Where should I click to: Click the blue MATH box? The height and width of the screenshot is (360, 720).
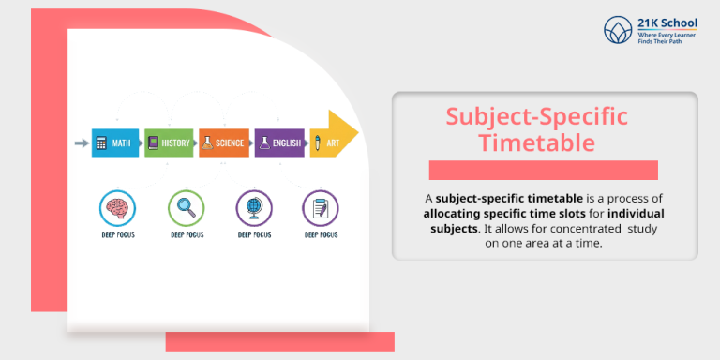click(x=114, y=143)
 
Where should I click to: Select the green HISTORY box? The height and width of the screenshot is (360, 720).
click(x=169, y=143)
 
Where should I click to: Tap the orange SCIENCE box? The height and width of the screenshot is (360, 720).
click(x=223, y=143)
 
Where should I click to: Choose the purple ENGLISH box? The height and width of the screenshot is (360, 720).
click(x=279, y=143)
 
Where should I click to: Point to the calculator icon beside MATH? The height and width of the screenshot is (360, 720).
click(x=101, y=143)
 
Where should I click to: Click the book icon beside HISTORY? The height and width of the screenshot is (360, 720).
click(x=154, y=143)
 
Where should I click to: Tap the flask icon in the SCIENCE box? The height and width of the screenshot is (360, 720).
click(x=208, y=143)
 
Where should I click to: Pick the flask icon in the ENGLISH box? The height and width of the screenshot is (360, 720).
click(x=264, y=143)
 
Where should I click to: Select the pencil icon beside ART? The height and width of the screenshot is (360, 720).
click(x=319, y=143)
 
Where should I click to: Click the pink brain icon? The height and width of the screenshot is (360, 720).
click(x=117, y=207)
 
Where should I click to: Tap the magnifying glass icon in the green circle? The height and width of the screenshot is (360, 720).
click(x=185, y=207)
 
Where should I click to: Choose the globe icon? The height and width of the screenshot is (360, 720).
click(x=252, y=207)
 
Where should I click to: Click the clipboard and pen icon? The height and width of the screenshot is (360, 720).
click(x=320, y=207)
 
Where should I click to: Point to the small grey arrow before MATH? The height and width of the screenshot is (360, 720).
click(x=81, y=143)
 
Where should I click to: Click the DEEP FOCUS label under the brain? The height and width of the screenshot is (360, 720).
click(x=117, y=234)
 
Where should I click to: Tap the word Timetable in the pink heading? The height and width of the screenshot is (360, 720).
click(x=536, y=143)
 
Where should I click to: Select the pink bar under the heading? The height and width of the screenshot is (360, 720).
click(x=543, y=170)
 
